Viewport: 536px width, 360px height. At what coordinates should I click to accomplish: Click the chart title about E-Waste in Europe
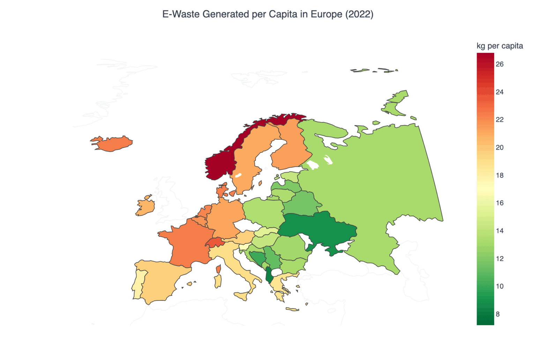268,14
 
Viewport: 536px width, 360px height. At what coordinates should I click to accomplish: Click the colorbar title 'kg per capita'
499,46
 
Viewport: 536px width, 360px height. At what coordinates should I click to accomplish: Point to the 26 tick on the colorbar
499,64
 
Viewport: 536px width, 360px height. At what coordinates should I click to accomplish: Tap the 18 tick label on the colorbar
499,175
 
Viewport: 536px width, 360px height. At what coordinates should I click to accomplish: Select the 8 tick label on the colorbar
498,314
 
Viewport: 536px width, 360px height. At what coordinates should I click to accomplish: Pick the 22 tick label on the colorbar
499,120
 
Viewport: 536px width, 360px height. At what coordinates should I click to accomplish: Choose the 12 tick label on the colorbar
499,259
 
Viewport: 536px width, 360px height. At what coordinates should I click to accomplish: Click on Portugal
139,284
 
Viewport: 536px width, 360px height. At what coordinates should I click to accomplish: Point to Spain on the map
161,279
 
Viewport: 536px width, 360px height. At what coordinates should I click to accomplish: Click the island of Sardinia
218,281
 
